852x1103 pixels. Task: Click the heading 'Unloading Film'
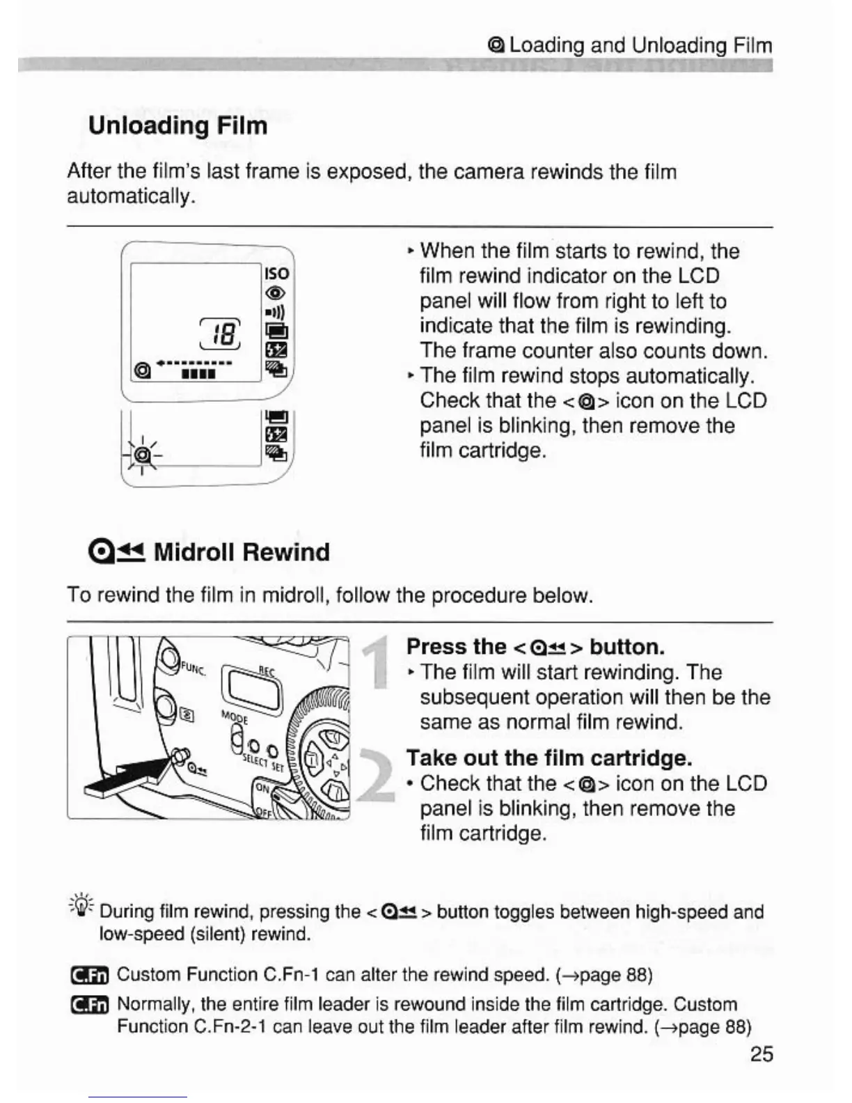pyautogui.click(x=177, y=126)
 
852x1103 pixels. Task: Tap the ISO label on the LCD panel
pyautogui.click(x=276, y=273)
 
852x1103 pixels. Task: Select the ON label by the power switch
pyautogui.click(x=262, y=788)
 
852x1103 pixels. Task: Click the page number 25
pyautogui.click(x=762, y=1054)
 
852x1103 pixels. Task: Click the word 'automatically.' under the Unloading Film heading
pyautogui.click(x=131, y=197)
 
